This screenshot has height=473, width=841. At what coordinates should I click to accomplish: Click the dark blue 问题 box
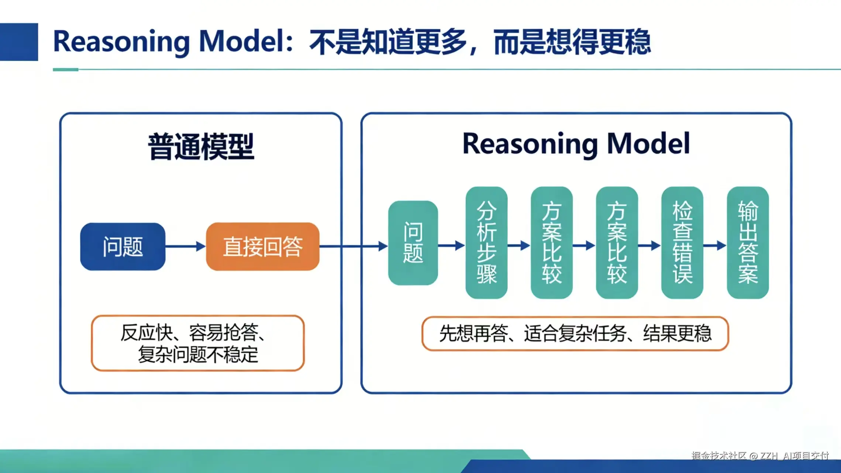(123, 246)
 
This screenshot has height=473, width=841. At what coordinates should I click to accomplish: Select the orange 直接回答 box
(262, 246)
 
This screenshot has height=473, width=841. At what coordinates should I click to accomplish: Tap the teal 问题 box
(413, 243)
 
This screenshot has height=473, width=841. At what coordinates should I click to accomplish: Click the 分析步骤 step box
(486, 242)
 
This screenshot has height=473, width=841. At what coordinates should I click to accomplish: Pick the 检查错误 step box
(682, 242)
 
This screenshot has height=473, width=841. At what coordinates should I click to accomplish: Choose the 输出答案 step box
(748, 242)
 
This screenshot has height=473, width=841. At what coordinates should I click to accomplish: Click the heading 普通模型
(201, 147)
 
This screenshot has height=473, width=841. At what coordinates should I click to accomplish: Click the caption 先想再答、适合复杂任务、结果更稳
(575, 333)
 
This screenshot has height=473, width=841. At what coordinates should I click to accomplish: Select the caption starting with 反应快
(198, 343)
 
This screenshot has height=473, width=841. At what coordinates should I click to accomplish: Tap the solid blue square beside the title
(19, 42)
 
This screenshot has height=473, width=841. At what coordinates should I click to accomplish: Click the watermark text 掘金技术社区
(718, 456)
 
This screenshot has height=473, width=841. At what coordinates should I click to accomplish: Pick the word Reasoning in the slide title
(121, 41)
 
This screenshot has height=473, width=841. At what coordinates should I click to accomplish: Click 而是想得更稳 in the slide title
(572, 41)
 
